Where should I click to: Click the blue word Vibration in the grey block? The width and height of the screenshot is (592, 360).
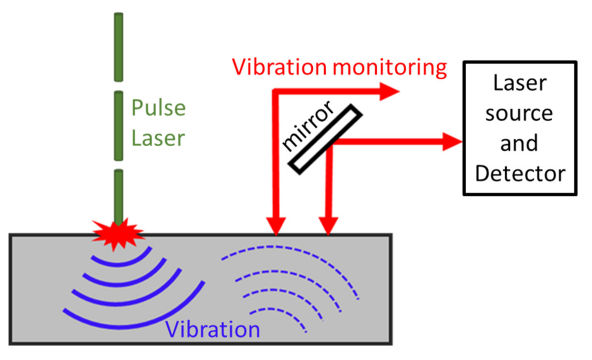(213, 329)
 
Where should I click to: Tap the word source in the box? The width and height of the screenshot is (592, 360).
(519, 114)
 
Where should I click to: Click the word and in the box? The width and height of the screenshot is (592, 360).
(519, 143)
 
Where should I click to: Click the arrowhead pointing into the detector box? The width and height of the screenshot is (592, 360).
(454, 141)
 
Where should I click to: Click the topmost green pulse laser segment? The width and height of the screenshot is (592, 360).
(118, 47)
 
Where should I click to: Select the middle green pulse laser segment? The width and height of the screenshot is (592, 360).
(118, 126)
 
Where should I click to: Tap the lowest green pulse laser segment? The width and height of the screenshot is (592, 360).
(118, 196)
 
